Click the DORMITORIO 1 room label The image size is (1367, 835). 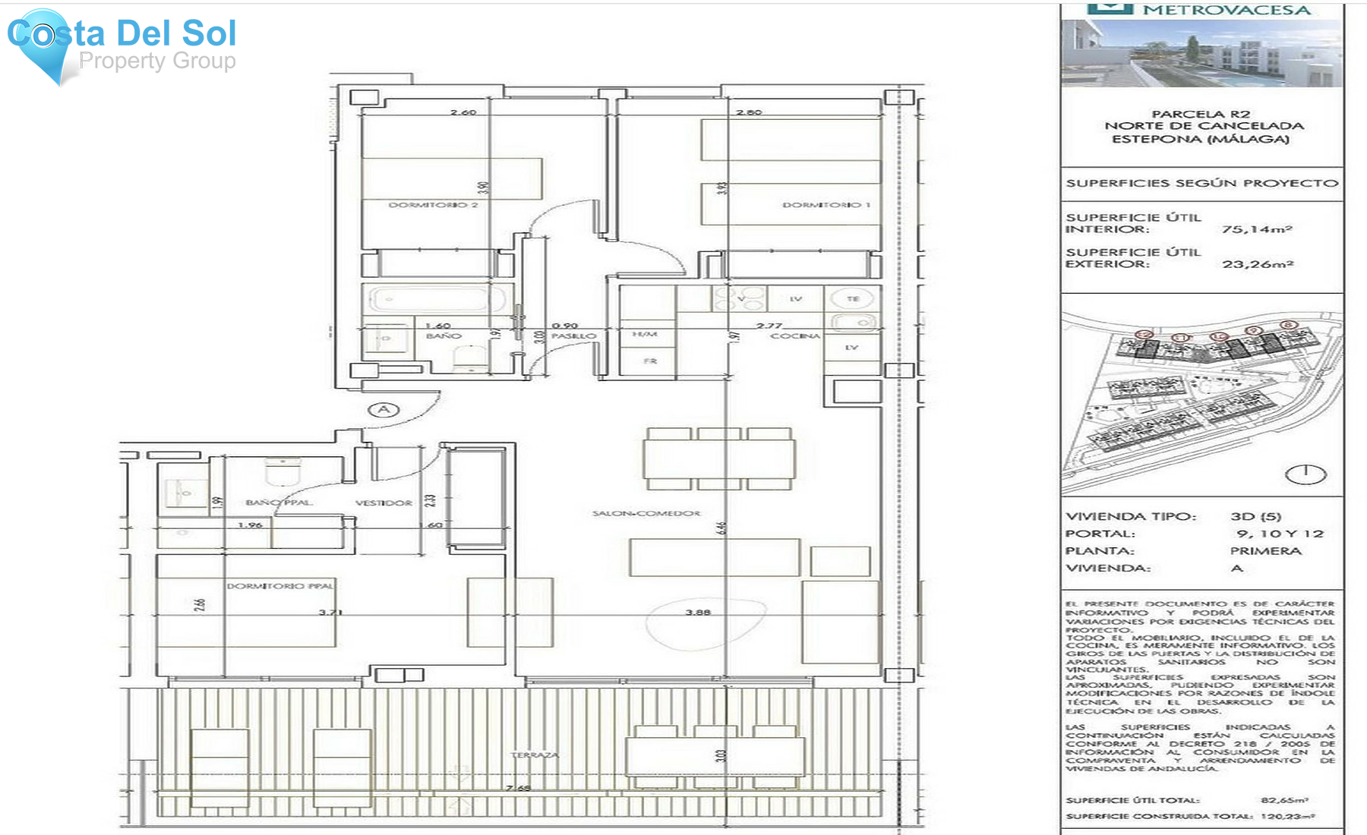pos(826,205)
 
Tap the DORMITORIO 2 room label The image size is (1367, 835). pos(433,205)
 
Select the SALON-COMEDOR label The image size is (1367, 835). pos(646,514)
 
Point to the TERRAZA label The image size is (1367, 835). pos(535,755)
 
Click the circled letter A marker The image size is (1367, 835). pos(384,410)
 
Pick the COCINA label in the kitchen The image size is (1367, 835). pos(795,336)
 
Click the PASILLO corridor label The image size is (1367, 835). pos(573,336)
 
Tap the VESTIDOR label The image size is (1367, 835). pos(384,503)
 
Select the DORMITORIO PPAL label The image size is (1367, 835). pos(280,586)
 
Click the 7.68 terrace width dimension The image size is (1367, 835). pos(518,788)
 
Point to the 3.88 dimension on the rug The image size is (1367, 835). pos(698,613)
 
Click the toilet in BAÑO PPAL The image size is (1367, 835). pos(283,472)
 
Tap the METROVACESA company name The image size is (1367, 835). pos(1227,10)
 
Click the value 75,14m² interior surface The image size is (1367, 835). pos(1257,229)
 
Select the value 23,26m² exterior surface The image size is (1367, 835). pos(1258,264)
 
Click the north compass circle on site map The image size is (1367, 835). pos(1305,474)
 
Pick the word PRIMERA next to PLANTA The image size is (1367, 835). pos(1266,551)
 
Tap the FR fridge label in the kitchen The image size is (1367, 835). pos(650,361)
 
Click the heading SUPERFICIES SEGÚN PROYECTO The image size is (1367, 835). pos(1201,183)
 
